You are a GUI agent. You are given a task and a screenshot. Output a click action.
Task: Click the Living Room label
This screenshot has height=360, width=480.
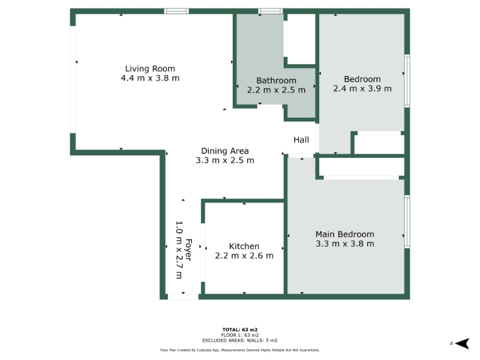click(150, 69)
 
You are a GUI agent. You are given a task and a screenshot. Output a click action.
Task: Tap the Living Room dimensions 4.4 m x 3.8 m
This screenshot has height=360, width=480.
click(150, 78)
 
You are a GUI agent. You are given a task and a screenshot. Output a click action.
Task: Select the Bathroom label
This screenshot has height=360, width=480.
click(276, 80)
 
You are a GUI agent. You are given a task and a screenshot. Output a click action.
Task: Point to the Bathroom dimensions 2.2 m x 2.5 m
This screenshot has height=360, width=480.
click(276, 90)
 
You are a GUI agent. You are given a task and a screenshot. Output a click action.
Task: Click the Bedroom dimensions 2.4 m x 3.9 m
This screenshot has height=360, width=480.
click(362, 88)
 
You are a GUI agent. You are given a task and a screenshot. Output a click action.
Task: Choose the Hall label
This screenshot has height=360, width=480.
click(301, 140)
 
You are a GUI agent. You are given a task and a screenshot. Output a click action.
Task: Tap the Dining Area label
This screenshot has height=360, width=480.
click(224, 151)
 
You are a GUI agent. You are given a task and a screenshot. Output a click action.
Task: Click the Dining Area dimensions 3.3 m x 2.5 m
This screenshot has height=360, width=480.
click(224, 160)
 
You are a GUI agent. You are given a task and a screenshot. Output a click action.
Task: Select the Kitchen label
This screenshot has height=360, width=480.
click(244, 247)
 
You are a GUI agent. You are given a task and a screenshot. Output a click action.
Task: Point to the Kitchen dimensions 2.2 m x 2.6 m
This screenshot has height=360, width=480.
click(244, 256)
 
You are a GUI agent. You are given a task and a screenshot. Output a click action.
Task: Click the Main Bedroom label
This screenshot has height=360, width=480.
click(344, 235)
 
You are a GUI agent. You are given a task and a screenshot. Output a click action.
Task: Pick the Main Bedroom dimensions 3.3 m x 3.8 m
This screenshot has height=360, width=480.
click(344, 244)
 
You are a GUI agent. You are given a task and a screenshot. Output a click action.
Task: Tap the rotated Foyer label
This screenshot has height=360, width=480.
click(188, 250)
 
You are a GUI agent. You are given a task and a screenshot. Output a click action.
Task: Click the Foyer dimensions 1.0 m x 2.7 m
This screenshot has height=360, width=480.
click(179, 250)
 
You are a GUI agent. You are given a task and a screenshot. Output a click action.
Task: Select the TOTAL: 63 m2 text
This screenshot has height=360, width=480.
click(239, 329)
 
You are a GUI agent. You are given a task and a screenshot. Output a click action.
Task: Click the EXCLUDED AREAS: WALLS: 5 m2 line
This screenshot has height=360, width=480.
click(239, 340)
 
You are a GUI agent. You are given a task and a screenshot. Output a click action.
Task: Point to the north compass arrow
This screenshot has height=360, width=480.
click(462, 343)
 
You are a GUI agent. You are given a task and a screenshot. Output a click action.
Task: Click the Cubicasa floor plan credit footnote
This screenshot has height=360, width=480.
click(239, 350)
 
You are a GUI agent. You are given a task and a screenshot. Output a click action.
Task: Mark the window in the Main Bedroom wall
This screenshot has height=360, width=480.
click(407, 221)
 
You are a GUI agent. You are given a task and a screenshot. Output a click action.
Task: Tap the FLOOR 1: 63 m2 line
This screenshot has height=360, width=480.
click(239, 335)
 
